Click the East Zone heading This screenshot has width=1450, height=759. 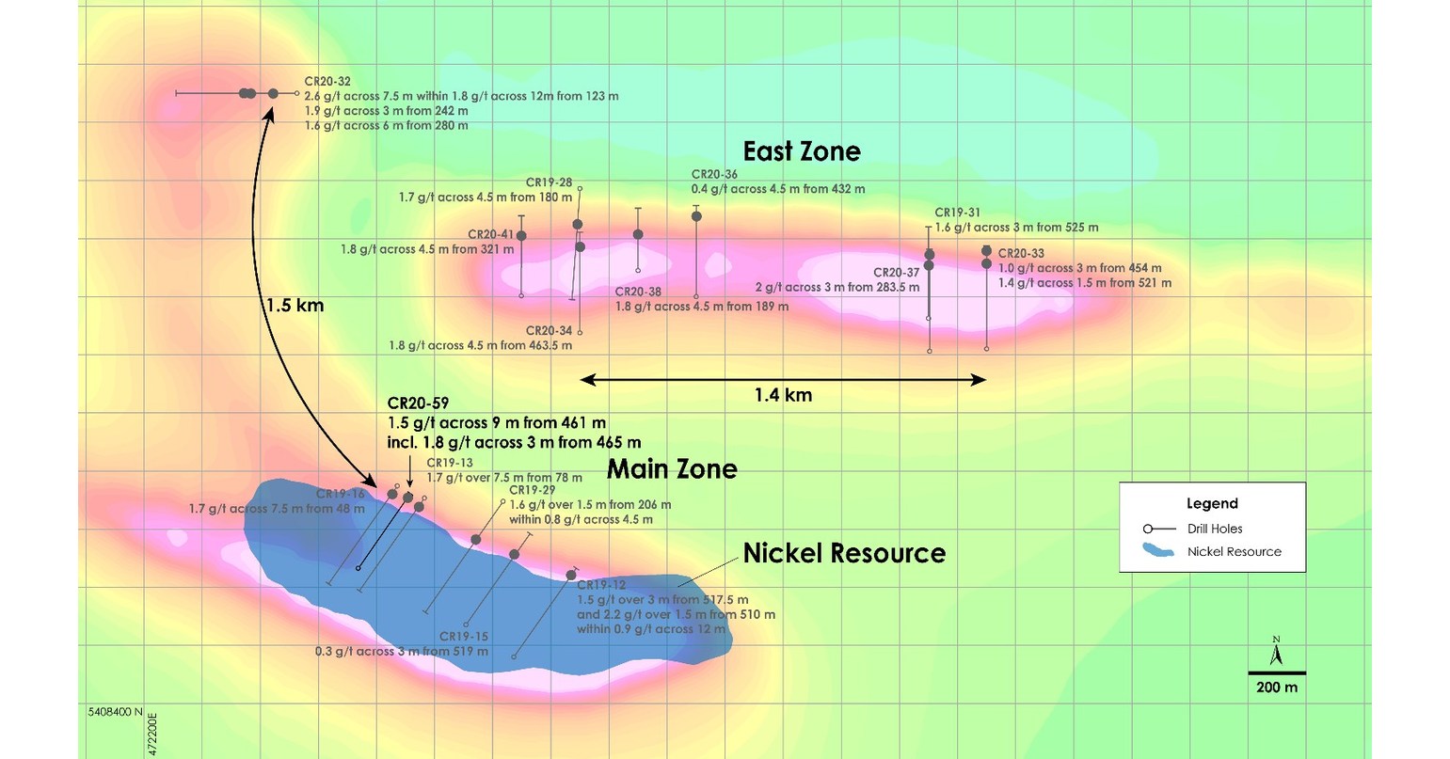(x=802, y=151)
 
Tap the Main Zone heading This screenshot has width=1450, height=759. (x=672, y=468)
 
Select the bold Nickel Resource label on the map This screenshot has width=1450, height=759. (x=844, y=553)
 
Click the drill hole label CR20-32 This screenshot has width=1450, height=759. (x=327, y=82)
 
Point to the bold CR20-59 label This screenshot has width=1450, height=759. (x=418, y=403)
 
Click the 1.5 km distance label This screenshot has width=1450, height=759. (x=294, y=306)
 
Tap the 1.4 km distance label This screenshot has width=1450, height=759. (x=783, y=395)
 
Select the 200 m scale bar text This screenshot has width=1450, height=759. (x=1277, y=688)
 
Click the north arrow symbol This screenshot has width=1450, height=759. (x=1277, y=651)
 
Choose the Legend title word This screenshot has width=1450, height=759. (x=1212, y=503)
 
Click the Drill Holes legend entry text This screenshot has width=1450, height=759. (x=1215, y=529)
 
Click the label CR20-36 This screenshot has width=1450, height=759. (x=714, y=174)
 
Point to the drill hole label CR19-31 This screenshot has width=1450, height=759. (x=958, y=213)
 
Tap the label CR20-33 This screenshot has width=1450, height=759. (x=1021, y=253)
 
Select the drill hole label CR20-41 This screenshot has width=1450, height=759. (x=490, y=234)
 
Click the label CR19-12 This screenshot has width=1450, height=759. (x=601, y=585)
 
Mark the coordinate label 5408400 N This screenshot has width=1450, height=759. (x=111, y=712)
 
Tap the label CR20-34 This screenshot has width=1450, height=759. (x=549, y=330)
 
